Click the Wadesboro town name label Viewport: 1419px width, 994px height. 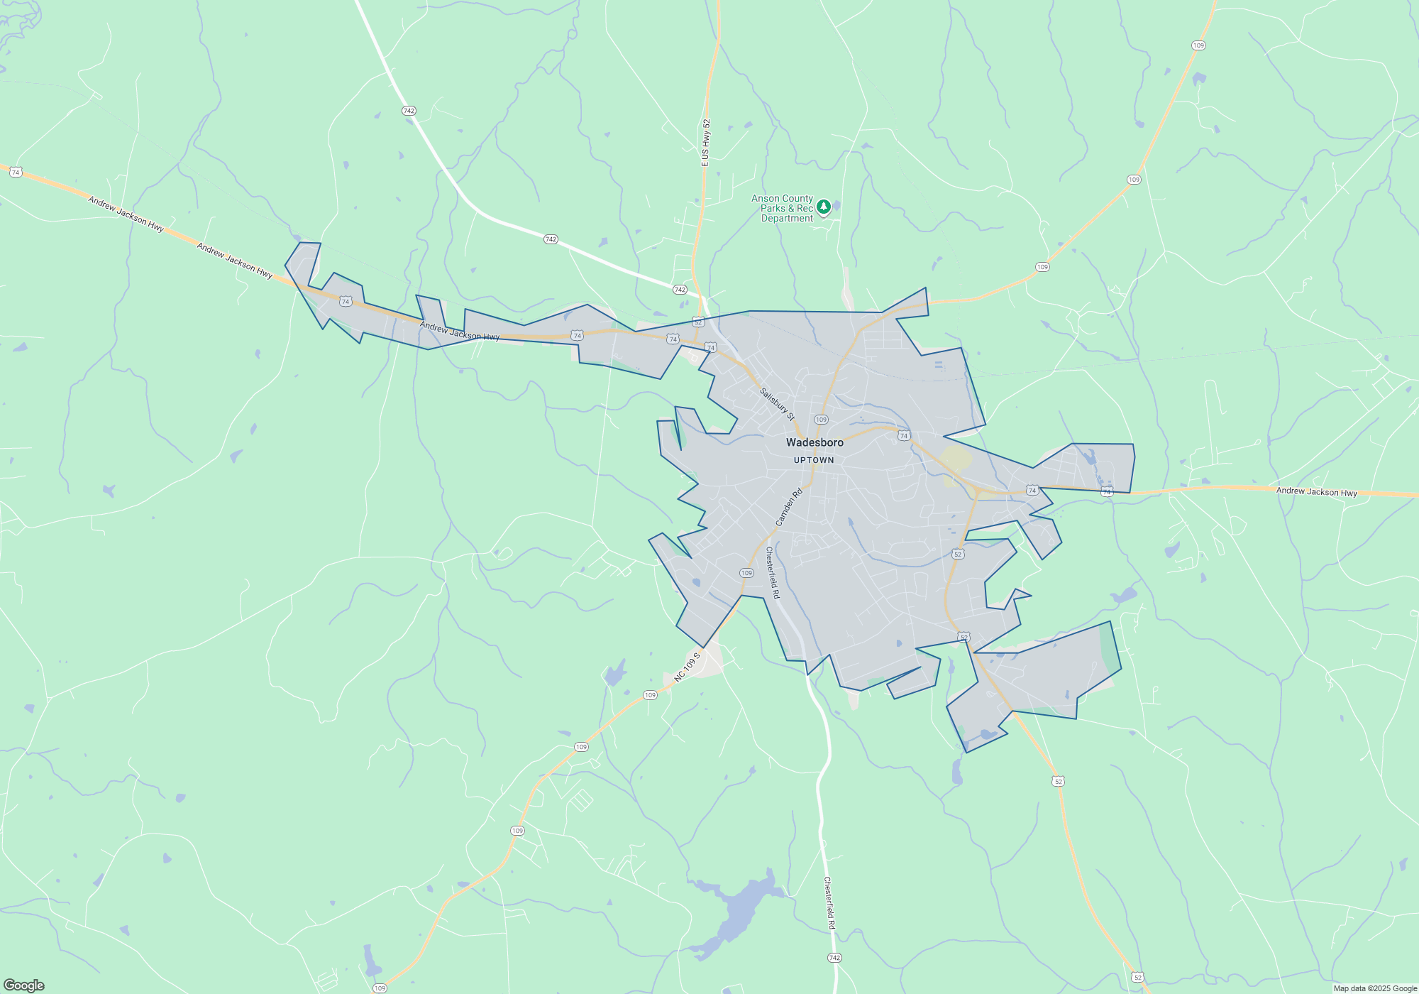pos(815,442)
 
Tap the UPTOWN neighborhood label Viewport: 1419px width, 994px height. pos(814,460)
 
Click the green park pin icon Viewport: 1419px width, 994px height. pos(824,207)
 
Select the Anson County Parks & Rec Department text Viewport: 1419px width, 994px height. pos(782,209)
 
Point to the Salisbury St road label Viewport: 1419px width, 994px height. pos(777,404)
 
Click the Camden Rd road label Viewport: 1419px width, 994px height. pos(788,507)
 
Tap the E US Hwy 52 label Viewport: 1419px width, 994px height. pos(705,143)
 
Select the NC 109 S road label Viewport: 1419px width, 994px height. pos(687,667)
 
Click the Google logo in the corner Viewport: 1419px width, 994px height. pos(23,985)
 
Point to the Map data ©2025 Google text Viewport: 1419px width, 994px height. pos(1374,988)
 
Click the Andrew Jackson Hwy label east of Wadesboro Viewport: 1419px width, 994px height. pos(1316,491)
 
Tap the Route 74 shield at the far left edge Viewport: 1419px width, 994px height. pos(16,172)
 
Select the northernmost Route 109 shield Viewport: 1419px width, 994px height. pos(1198,45)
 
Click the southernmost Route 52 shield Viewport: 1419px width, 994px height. pos(1138,978)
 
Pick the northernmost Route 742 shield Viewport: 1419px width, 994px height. pos(408,111)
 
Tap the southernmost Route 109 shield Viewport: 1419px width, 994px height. pos(380,988)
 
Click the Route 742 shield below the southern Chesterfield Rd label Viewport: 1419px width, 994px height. pos(834,958)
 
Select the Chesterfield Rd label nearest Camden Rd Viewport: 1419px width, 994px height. pos(773,572)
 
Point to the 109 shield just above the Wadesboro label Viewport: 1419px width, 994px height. pos(821,420)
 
